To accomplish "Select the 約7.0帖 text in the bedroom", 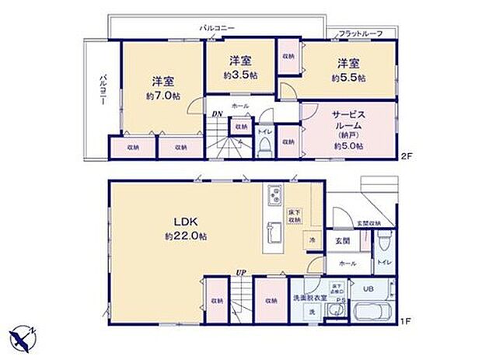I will [x=163, y=96].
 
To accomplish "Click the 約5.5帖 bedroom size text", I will [x=347, y=78].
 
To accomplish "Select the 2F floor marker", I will [x=405, y=157].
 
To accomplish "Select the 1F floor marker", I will [x=405, y=320].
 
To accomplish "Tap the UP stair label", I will [x=241, y=272].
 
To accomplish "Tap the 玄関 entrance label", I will [x=343, y=241].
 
